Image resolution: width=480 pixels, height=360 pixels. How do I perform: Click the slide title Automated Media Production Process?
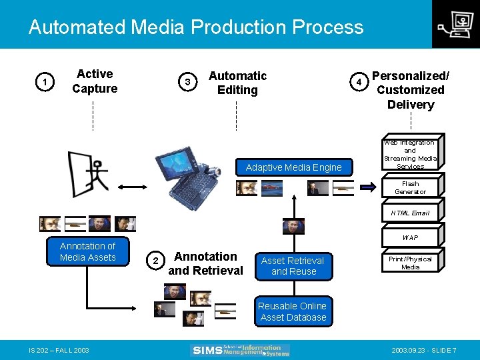point(196,27)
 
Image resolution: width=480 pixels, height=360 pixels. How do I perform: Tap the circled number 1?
point(44,83)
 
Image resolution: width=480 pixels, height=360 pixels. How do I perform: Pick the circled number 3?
point(189,82)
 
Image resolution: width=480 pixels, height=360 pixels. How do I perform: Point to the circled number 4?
point(359,82)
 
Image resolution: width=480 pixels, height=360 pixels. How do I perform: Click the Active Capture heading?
point(95,81)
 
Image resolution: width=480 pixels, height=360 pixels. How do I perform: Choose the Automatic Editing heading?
point(237,83)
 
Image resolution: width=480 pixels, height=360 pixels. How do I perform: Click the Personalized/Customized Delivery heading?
point(410,90)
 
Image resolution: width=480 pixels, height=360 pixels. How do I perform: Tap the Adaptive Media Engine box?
point(293,167)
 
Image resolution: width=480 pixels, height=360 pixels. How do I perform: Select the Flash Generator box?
point(410,188)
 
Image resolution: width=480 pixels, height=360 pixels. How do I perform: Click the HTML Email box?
point(410,213)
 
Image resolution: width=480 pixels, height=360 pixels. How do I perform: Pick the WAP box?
point(410,237)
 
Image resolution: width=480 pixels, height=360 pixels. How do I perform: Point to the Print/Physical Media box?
point(410,263)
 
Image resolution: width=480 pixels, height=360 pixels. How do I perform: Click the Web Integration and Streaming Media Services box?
point(410,155)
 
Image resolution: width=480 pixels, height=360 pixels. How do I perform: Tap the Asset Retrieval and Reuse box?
point(293,266)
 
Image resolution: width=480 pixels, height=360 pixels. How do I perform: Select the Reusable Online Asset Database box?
point(293,311)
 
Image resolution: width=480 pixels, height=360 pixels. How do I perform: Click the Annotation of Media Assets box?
point(87,252)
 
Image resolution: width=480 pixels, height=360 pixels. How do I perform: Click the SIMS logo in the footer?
point(241,350)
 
